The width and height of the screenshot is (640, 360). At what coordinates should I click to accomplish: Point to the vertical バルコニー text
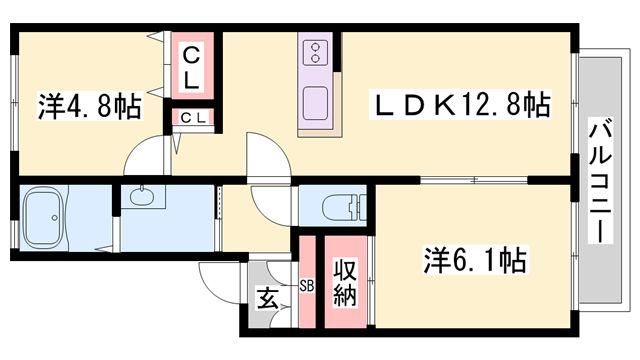[x=601, y=178]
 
